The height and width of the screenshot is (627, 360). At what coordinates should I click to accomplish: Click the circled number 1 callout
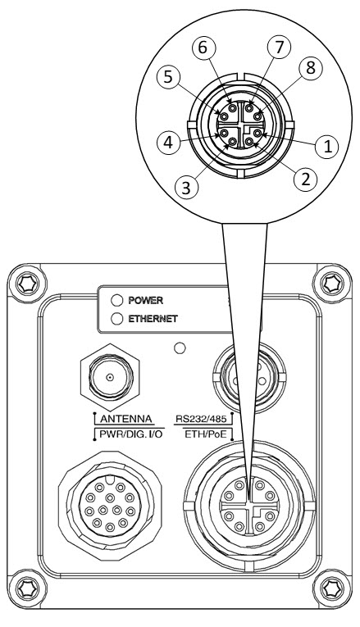(327, 147)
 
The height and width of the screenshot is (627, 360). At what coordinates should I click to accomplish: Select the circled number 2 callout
(305, 179)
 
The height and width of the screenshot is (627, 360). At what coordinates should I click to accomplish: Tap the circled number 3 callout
(186, 187)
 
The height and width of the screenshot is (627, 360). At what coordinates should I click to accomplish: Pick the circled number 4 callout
(168, 143)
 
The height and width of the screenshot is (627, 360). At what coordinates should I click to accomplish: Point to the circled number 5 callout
(168, 77)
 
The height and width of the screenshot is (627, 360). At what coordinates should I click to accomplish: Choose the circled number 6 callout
(203, 48)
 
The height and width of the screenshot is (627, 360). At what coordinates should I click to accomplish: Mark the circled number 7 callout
(279, 48)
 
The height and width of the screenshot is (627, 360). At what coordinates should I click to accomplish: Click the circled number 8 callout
(310, 68)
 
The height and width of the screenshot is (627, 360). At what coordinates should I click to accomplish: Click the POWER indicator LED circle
(116, 300)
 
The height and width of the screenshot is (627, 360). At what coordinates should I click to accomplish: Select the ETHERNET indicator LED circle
(116, 319)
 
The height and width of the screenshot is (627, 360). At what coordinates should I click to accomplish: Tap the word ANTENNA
(125, 419)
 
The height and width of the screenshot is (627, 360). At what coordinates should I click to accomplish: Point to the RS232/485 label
(201, 419)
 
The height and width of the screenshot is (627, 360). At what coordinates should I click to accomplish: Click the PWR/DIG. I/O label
(131, 434)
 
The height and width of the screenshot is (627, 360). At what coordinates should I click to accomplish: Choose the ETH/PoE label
(206, 434)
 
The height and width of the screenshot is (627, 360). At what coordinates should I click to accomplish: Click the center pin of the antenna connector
(110, 377)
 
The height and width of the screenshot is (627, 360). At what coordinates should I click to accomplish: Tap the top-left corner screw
(28, 284)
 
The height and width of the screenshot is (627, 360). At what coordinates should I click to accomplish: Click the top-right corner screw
(332, 284)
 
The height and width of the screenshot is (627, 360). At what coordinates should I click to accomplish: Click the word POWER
(146, 300)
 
